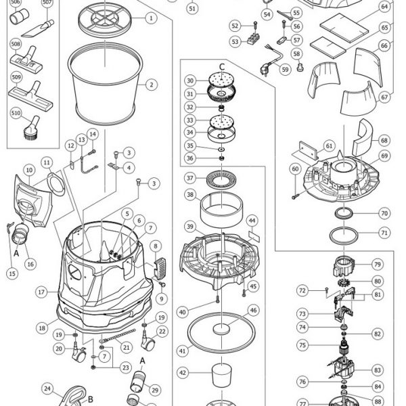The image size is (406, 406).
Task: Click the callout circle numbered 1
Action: [151, 18]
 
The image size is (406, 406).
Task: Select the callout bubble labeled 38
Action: [190, 194]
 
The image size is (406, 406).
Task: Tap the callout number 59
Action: [285, 70]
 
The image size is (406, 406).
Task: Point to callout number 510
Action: [16, 113]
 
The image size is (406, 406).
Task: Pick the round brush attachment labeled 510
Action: [32, 129]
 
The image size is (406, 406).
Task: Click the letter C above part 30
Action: [222, 67]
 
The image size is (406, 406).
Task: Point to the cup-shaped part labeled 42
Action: [222, 375]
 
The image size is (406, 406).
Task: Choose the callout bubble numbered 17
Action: [41, 292]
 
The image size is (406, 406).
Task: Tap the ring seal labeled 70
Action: [344, 214]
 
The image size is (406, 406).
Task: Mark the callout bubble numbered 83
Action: [378, 370]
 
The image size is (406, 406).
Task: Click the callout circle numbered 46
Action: [253, 310]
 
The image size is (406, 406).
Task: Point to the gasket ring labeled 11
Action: [56, 184]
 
